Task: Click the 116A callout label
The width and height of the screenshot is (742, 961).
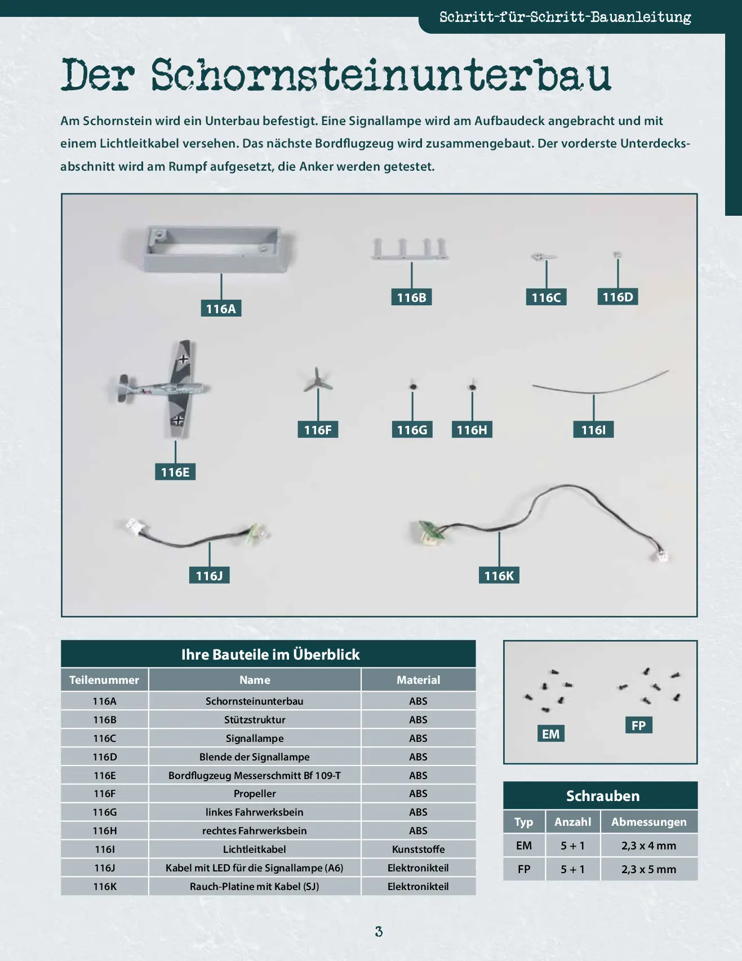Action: coord(221,308)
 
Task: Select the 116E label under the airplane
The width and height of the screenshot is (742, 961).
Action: coord(175,471)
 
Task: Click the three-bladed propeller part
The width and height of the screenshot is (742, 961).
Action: coord(318,380)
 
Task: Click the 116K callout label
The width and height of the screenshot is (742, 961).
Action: coord(499,575)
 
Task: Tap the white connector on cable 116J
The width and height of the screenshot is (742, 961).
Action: coord(135,527)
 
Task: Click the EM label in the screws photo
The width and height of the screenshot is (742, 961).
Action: coord(550,733)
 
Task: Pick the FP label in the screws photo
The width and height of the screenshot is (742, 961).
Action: coord(638,725)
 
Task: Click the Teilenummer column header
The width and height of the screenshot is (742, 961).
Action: coord(104,680)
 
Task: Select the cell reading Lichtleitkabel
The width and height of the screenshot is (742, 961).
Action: coord(255,849)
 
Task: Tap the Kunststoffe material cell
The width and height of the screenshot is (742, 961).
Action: coord(419,849)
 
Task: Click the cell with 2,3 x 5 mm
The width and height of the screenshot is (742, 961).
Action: coord(649,869)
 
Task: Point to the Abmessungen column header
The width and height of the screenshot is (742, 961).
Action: coord(649,822)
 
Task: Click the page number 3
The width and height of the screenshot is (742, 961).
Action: coord(379,932)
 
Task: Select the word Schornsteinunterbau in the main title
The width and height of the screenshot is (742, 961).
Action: coord(381,75)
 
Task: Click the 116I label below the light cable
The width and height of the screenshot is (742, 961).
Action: coord(594,430)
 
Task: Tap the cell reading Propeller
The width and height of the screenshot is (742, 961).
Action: coord(255,794)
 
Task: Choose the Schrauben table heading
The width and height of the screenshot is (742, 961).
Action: coord(603,796)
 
